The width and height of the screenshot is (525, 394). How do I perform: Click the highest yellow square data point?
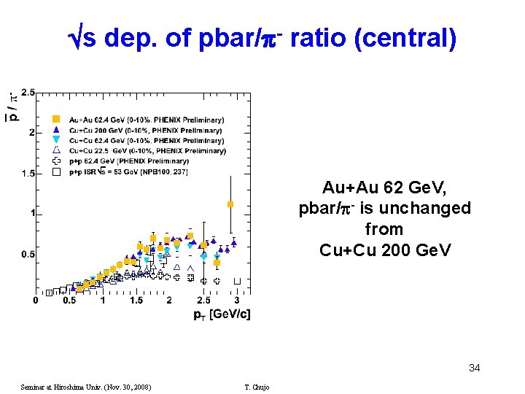coord(230,204)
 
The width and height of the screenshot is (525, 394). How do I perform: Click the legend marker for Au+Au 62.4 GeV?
coord(55,119)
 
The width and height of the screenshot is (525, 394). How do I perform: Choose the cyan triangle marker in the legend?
coord(55,140)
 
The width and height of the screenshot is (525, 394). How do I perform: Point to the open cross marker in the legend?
coord(55,161)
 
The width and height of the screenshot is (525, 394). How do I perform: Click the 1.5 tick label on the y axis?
coord(28,173)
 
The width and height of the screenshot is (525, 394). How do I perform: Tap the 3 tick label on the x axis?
coord(236,300)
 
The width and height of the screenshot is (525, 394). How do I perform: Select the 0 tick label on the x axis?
coord(36,300)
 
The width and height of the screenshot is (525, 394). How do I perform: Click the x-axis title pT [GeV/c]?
coord(221,314)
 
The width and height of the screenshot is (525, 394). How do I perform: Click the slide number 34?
coord(474,368)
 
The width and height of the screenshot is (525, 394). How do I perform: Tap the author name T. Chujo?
coord(257,387)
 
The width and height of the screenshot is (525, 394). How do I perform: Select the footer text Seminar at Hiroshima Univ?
coord(85,387)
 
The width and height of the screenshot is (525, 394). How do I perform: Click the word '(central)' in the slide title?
coord(405,38)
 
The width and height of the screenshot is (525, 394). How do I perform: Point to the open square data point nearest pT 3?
coord(237,281)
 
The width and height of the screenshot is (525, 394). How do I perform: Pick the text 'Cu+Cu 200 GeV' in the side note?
coord(384,250)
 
